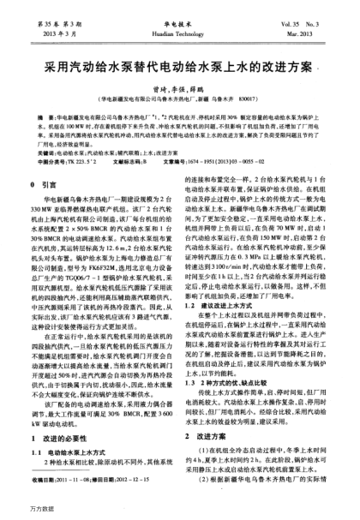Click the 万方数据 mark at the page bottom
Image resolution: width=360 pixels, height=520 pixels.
click(20, 512)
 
